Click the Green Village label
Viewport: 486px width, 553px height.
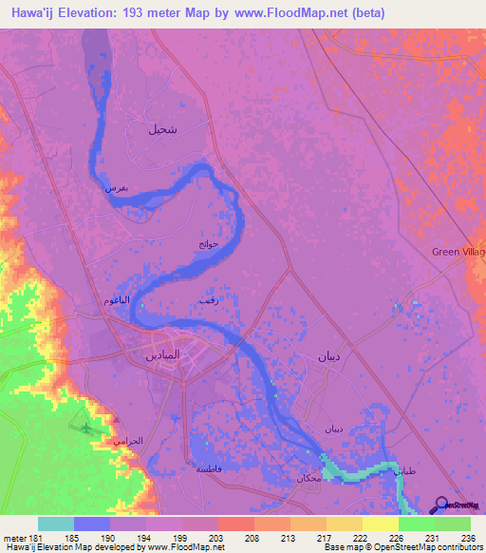(x=458, y=252)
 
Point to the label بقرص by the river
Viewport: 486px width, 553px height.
(x=115, y=189)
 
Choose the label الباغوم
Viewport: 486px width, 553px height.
(x=117, y=300)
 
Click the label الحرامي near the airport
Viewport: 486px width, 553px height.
(x=128, y=443)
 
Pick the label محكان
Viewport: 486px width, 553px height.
(x=308, y=476)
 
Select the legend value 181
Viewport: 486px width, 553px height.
(x=32, y=537)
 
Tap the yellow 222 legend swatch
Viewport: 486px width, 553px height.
(x=343, y=524)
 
